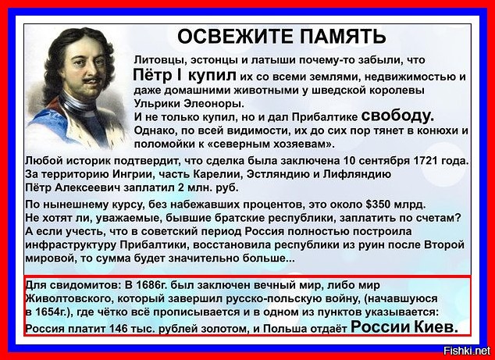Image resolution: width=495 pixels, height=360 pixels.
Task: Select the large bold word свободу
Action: click(397, 116)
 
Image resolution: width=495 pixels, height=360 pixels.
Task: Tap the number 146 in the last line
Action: click(118, 329)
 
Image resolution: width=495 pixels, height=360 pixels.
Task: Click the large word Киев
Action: click(436, 326)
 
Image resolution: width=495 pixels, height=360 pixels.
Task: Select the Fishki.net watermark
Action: click(467, 350)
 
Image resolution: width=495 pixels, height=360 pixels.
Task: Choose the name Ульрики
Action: click(153, 104)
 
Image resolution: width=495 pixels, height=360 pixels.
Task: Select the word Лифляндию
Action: click(357, 174)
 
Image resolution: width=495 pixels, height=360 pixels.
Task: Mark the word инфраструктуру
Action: click(70, 246)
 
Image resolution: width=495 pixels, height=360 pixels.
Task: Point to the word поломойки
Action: click(158, 144)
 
